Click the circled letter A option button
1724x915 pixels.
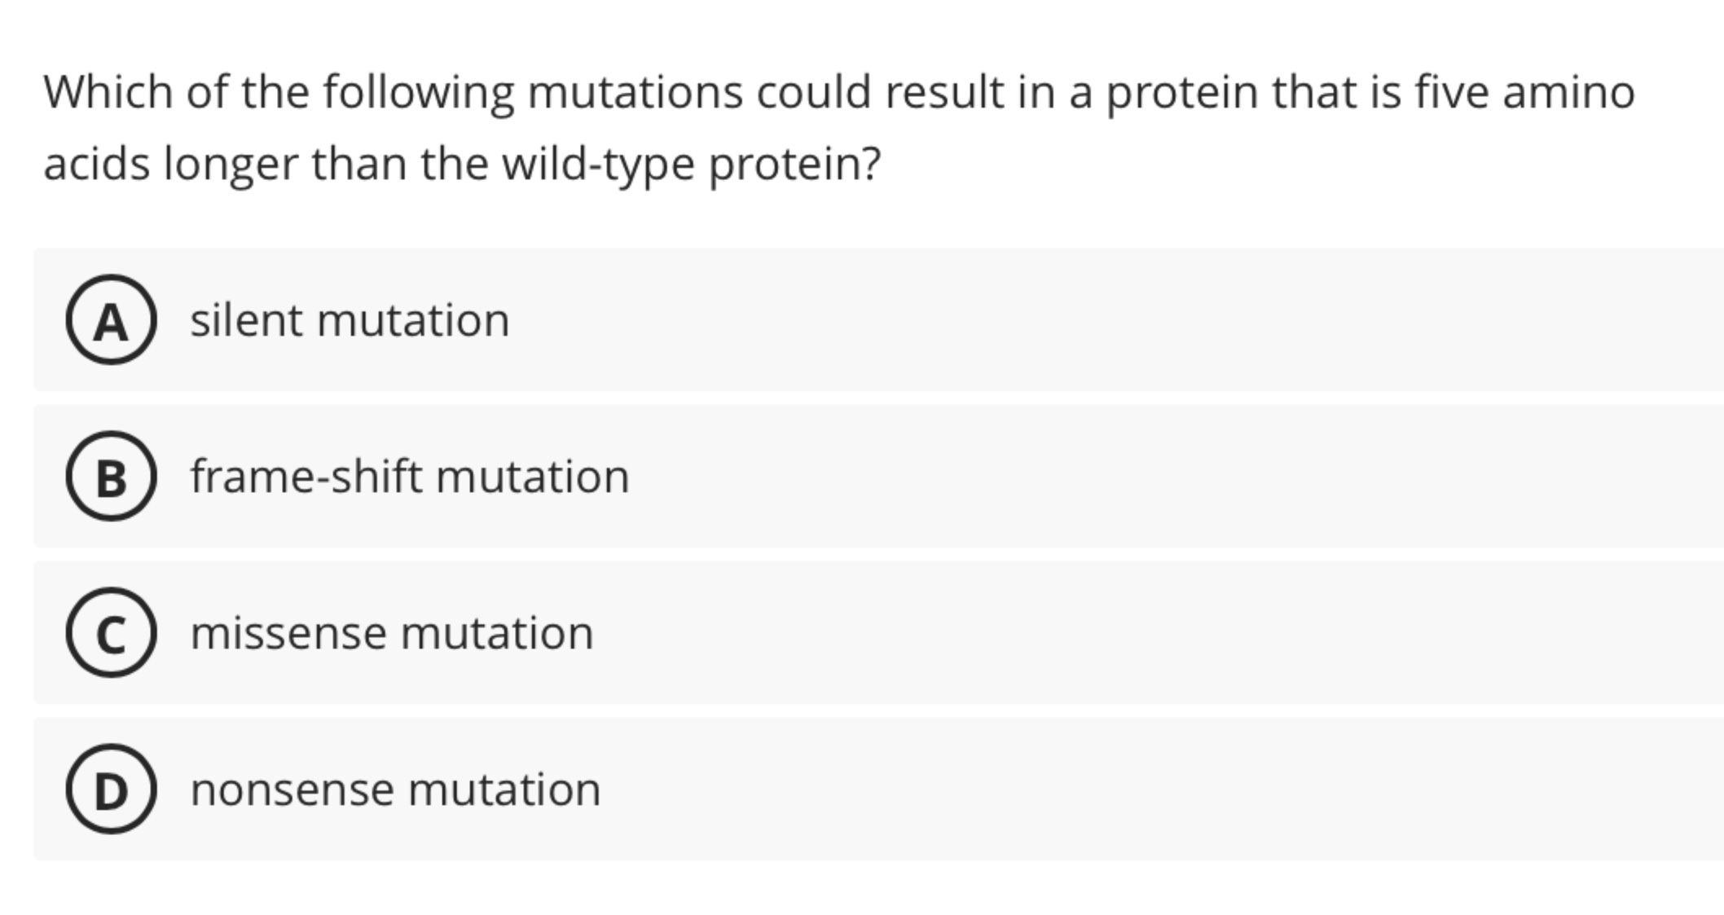click(111, 319)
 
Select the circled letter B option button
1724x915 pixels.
click(111, 476)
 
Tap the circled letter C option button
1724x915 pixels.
click(111, 632)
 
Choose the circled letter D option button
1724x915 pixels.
click(111, 789)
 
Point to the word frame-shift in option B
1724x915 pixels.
click(306, 476)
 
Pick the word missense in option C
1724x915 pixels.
click(288, 632)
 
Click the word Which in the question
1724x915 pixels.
click(108, 91)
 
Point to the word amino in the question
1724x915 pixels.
click(1568, 91)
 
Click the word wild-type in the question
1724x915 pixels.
click(597, 163)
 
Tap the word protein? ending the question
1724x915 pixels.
click(794, 163)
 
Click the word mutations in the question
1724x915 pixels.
click(635, 91)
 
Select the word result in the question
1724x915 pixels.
click(944, 91)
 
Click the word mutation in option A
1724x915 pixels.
click(413, 319)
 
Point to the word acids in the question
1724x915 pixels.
click(96, 163)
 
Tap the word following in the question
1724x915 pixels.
click(418, 91)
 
